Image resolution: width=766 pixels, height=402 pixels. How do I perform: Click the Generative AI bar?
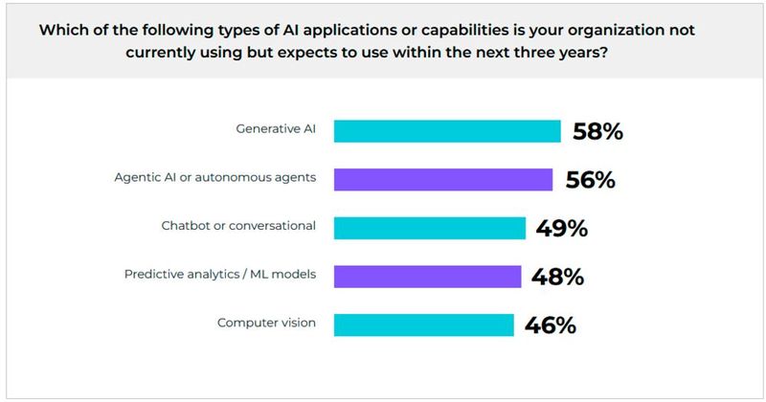(x=447, y=131)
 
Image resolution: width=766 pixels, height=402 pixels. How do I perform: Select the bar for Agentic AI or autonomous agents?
(x=443, y=180)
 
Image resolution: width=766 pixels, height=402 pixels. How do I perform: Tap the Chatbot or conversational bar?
(x=430, y=228)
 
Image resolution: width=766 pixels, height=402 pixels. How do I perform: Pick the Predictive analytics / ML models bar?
(x=427, y=277)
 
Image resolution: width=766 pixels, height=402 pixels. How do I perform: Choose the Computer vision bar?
(x=423, y=324)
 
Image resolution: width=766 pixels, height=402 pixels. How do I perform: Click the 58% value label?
(x=597, y=131)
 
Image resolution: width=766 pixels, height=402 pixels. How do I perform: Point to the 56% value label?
(x=590, y=180)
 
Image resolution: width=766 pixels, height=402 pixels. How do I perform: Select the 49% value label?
(x=562, y=228)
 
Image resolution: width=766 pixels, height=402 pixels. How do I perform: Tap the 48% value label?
(x=558, y=277)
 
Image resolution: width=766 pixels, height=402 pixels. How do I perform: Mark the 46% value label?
(x=551, y=324)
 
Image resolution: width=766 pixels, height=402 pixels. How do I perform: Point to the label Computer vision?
(x=266, y=323)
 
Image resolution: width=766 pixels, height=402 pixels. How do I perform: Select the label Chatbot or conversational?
(x=238, y=227)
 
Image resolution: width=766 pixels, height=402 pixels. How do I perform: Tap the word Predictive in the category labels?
(x=154, y=275)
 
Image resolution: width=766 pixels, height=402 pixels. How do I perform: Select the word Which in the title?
(x=62, y=30)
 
